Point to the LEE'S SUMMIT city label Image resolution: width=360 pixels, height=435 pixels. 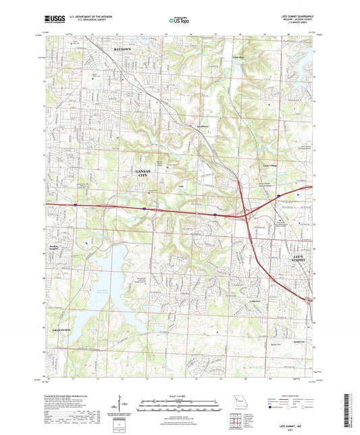[299, 258]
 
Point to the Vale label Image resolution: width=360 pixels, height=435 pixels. [181, 182]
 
